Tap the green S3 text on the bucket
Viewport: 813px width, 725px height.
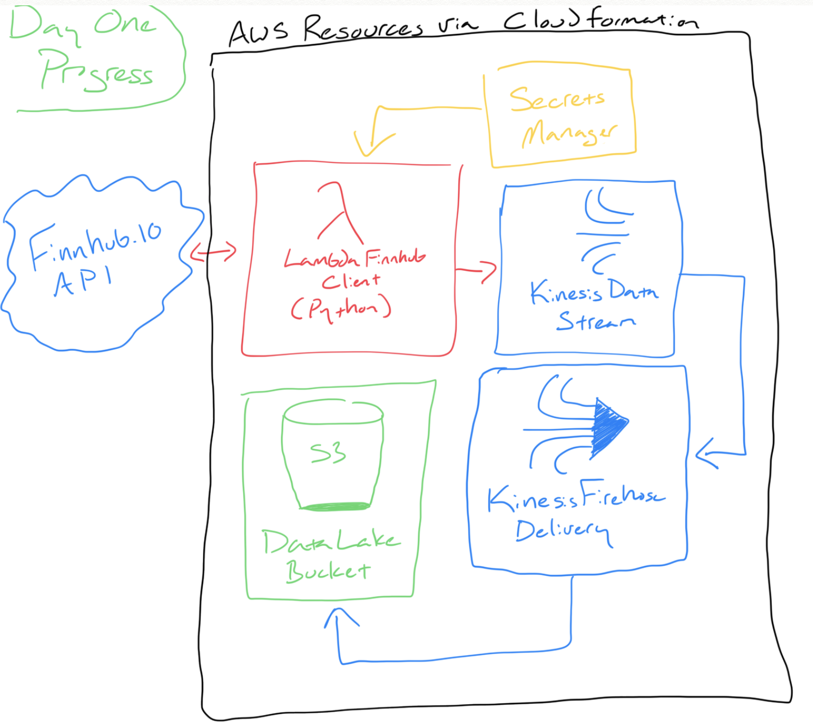click(328, 453)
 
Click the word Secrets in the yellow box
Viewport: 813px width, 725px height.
click(557, 99)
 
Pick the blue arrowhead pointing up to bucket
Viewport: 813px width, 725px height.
click(341, 618)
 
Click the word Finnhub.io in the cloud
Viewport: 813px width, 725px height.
click(95, 244)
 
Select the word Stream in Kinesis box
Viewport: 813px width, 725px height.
click(596, 321)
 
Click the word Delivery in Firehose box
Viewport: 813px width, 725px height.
click(563, 531)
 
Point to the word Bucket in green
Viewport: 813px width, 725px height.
click(328, 571)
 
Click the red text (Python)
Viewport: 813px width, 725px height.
click(341, 309)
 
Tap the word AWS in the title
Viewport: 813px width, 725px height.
click(259, 32)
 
